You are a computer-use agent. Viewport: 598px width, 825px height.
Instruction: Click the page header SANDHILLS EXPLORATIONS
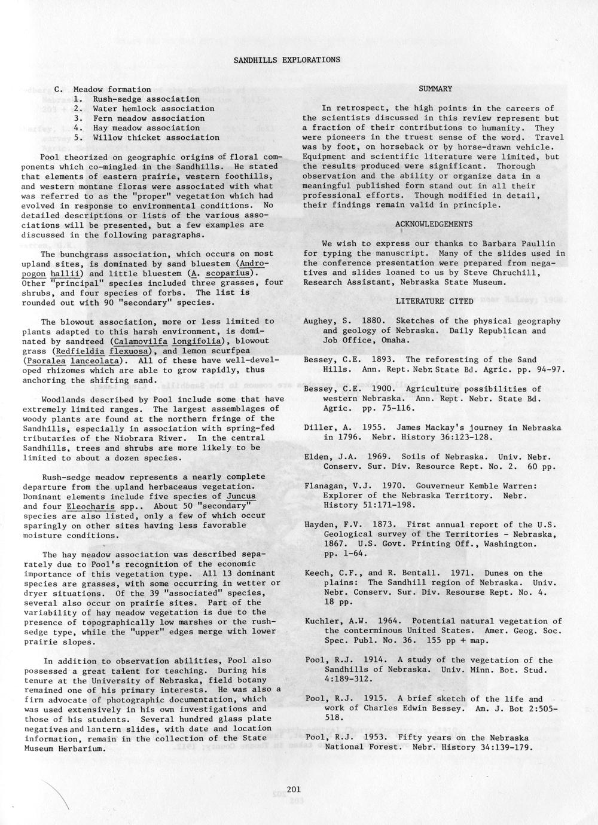click(286, 60)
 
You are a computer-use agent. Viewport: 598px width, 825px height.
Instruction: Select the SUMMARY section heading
click(435, 89)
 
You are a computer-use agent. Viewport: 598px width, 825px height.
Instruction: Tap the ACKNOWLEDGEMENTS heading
click(434, 224)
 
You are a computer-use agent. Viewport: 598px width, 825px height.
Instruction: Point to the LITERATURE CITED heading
click(434, 301)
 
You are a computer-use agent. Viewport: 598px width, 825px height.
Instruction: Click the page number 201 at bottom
click(293, 790)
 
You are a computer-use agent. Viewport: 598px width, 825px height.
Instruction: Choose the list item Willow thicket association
click(156, 137)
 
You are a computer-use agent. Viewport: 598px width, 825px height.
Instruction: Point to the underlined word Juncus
click(241, 496)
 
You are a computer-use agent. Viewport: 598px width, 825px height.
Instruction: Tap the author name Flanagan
click(326, 485)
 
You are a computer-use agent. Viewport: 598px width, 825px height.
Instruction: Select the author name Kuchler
click(323, 621)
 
